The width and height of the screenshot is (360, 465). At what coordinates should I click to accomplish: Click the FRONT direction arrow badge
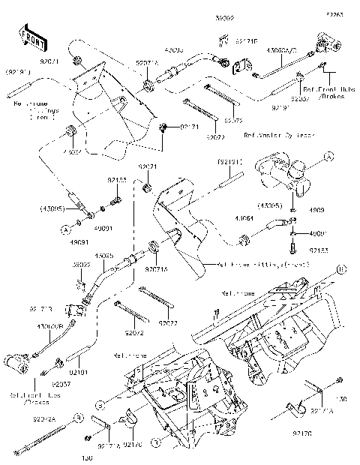pos(30,35)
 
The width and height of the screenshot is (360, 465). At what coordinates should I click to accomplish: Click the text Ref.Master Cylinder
pos(255,136)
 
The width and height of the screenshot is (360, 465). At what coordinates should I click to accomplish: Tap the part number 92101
pos(79,370)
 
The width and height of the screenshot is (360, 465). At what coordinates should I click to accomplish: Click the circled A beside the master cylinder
pos(328,157)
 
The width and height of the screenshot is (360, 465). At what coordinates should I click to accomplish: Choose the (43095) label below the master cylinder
pos(271,205)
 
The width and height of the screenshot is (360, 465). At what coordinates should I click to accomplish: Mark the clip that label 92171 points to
pos(165,127)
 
